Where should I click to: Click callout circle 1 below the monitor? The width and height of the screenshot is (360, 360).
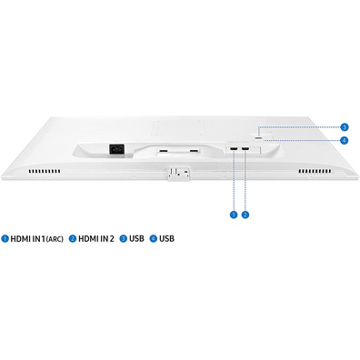coord(234,215)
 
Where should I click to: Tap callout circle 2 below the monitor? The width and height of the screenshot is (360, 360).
coord(245,215)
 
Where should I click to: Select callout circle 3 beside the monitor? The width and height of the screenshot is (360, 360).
coord(344,127)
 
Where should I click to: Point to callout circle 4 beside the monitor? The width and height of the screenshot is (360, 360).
coord(344,140)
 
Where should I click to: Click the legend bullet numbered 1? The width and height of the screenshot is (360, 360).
coord(5,238)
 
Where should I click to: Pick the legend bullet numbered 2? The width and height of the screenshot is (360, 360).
coord(73,238)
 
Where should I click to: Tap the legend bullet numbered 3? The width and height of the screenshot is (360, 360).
coord(124,238)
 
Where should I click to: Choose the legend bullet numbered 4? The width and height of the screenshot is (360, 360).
coord(154,238)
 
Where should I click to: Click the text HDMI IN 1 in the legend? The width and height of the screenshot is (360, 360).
coord(28,239)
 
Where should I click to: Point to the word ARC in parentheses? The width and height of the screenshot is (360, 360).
coord(55,239)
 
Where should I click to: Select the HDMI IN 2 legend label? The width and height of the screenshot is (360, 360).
coord(96,239)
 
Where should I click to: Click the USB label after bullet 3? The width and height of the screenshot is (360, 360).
coord(136,238)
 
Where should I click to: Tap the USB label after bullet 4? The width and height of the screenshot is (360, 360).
coord(167,238)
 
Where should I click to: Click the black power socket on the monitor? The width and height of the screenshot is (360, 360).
coord(116,149)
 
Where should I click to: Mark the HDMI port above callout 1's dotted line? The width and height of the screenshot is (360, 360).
coord(234,149)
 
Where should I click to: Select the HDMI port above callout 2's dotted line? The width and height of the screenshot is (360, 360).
coord(245,149)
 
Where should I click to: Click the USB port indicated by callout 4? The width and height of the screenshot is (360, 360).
coord(259,138)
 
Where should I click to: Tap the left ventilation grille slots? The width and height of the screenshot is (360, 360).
coord(45,172)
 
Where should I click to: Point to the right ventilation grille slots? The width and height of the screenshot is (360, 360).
coord(315,172)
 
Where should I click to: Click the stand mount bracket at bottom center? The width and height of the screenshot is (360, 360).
coord(179,174)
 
